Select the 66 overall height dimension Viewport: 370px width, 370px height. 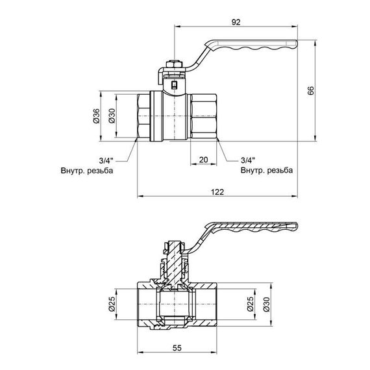pyautogui.click(x=311, y=92)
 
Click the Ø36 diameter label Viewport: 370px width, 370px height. pyautogui.click(x=96, y=116)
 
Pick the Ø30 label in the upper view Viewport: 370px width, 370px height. pyautogui.click(x=111, y=116)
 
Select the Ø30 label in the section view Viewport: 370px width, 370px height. pyautogui.click(x=267, y=304)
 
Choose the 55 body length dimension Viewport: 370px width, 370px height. pyautogui.click(x=177, y=347)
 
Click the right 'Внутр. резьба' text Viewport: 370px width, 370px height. pyautogui.click(x=266, y=171)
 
